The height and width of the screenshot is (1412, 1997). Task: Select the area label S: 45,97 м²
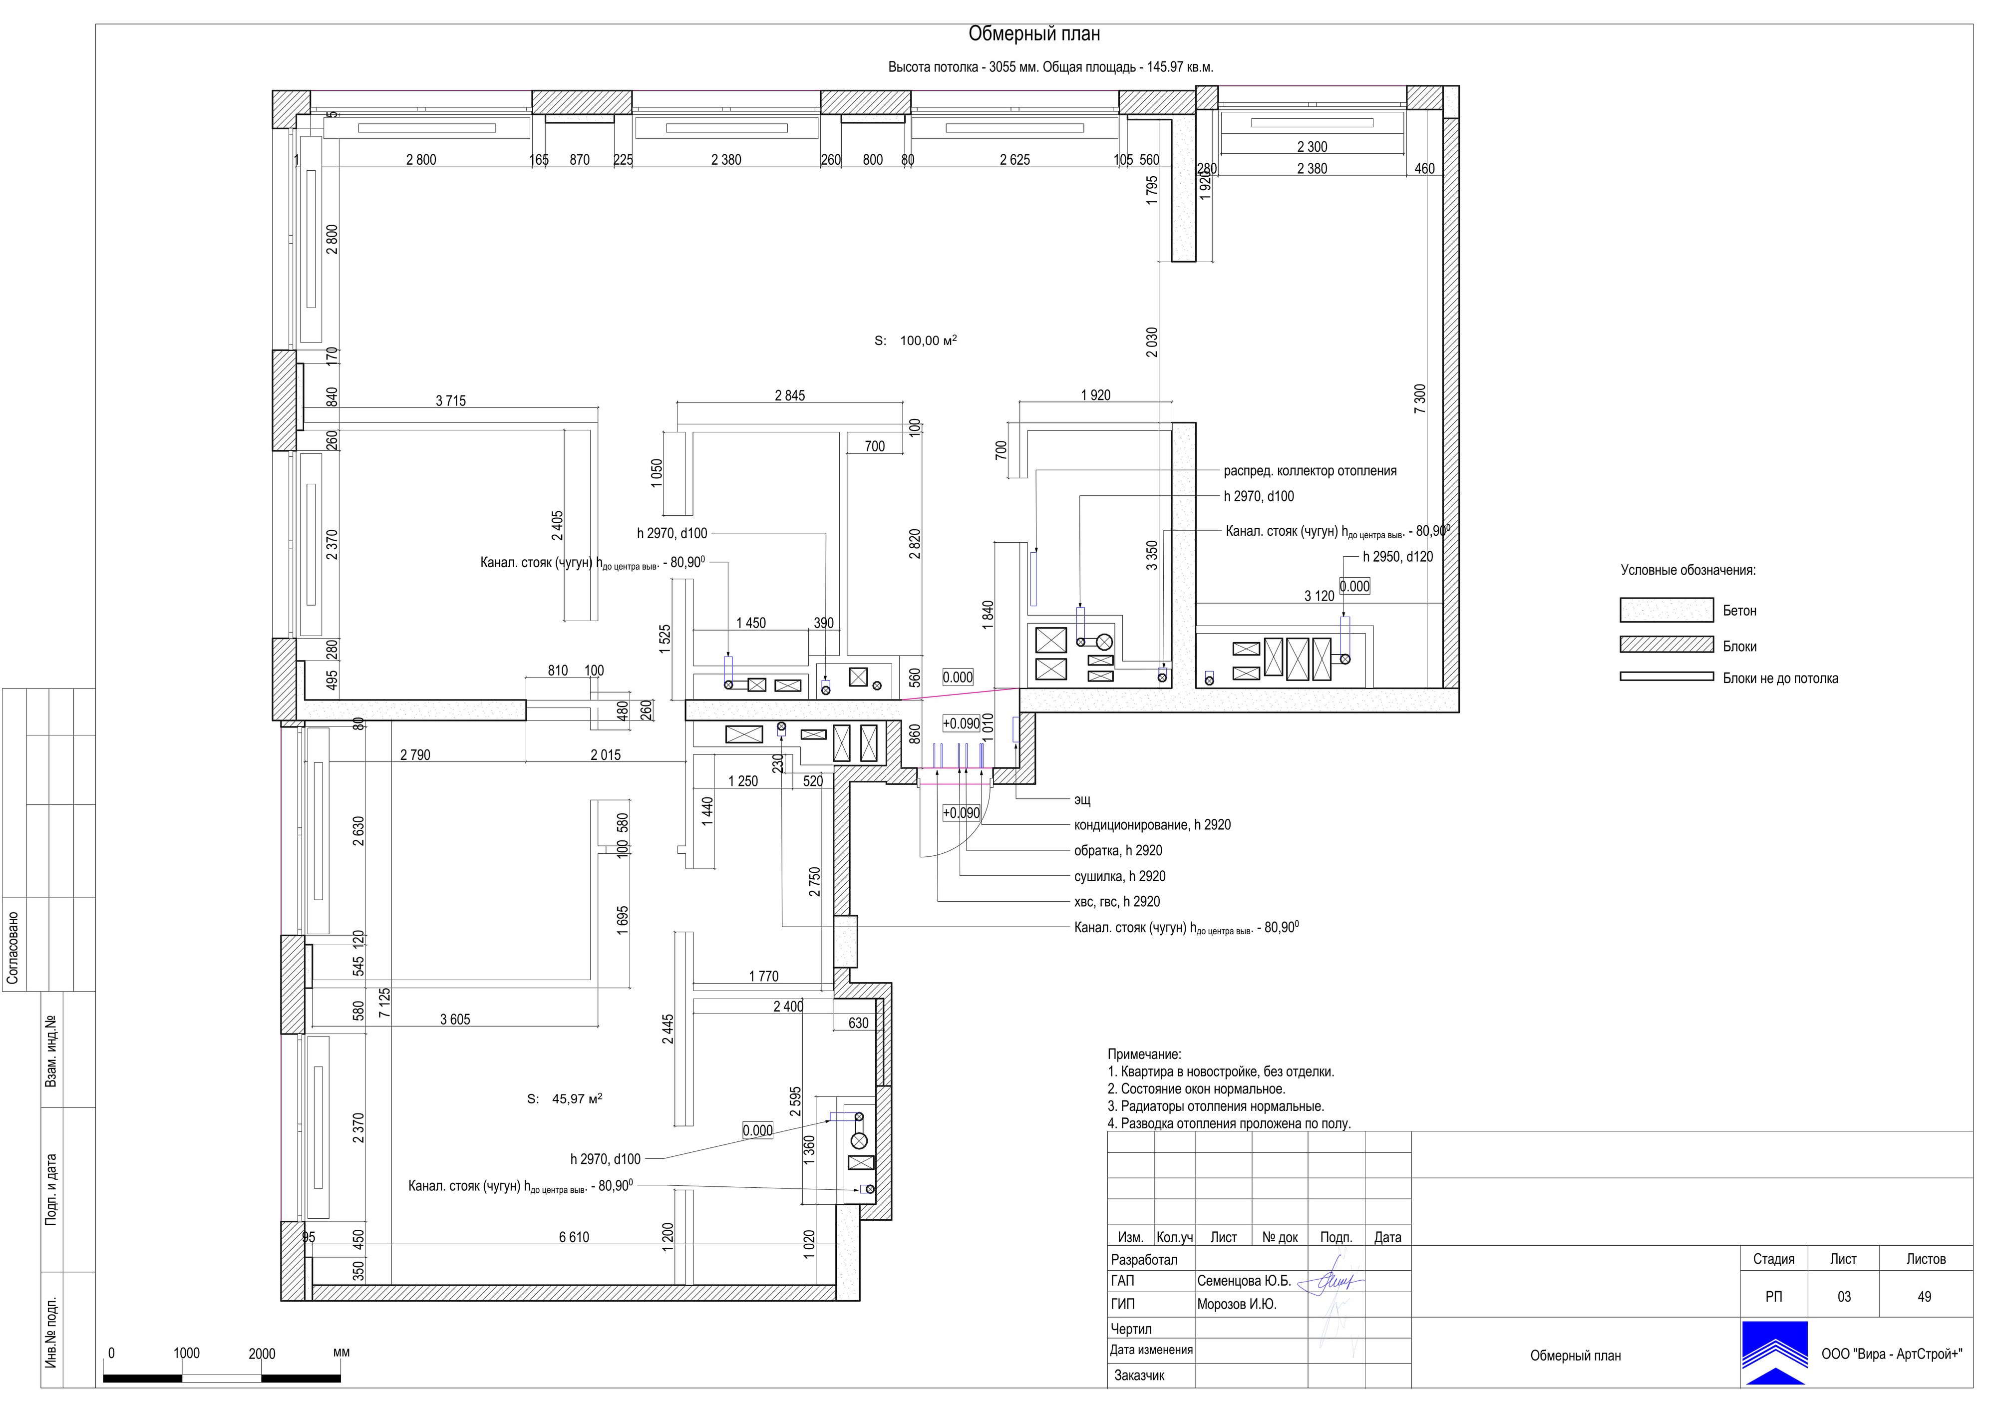pos(565,1099)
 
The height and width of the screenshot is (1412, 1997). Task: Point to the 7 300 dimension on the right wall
pos(1420,398)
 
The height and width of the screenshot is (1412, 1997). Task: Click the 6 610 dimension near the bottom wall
pos(574,1237)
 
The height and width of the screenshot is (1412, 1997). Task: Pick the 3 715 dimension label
pos(450,401)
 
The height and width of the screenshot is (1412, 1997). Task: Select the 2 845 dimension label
pos(790,396)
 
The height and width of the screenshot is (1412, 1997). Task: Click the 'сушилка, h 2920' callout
pos(1119,876)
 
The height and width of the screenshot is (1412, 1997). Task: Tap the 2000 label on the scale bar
pos(262,1354)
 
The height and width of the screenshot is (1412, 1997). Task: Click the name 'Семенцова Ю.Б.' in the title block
pos(1244,1282)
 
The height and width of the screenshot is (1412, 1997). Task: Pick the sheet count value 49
pos(1924,1297)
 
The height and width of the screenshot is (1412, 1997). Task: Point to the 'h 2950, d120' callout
pos(1398,557)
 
